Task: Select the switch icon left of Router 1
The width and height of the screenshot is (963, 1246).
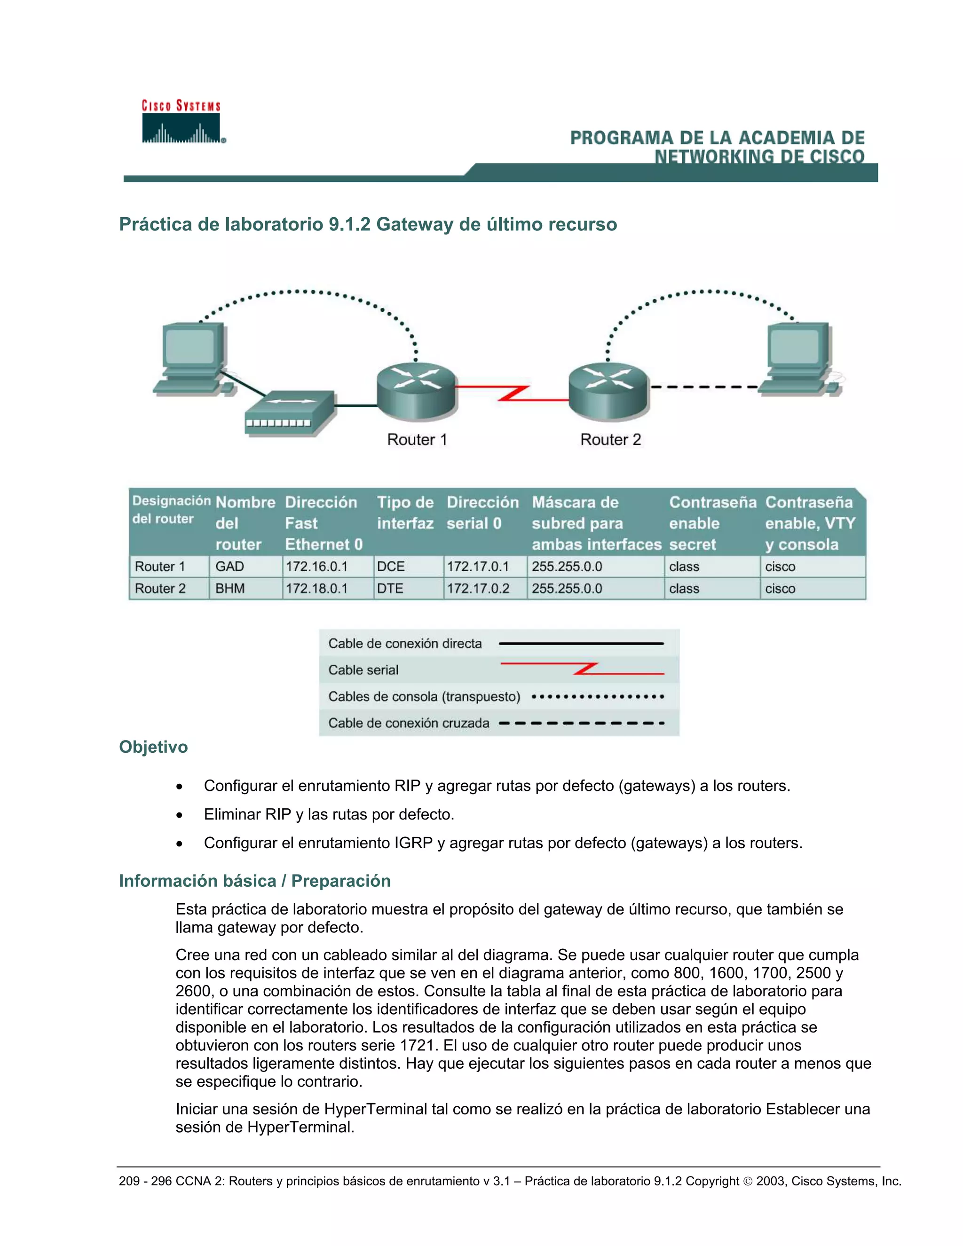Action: point(290,413)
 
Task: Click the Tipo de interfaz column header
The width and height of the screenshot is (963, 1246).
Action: point(405,513)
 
